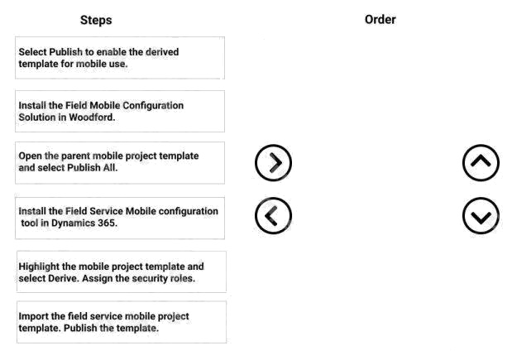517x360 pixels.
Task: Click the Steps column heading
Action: [96, 20]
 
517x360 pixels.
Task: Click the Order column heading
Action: [381, 20]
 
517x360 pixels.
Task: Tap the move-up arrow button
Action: [481, 163]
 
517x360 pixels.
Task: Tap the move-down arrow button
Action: [481, 216]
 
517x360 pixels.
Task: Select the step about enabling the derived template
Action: [120, 58]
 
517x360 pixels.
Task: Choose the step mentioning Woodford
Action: [120, 111]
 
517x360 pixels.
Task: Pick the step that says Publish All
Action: [120, 163]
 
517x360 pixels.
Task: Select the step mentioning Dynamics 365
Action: [120, 218]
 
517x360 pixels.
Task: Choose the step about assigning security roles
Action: [122, 271]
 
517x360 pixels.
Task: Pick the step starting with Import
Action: [122, 322]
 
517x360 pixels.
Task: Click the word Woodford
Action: [92, 118]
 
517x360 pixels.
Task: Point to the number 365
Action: [108, 223]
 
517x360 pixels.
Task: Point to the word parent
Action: [76, 156]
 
